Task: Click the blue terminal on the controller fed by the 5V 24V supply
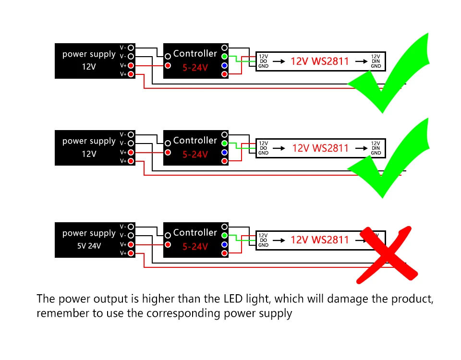[x=224, y=244]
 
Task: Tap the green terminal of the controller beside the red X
[x=224, y=235]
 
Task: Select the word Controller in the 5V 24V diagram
[x=195, y=233]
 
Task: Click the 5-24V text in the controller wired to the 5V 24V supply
[x=195, y=247]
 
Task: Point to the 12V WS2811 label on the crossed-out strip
[x=320, y=240]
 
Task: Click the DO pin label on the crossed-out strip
[x=263, y=240]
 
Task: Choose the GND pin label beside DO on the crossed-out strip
[x=263, y=245]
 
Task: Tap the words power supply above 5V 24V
[x=89, y=233]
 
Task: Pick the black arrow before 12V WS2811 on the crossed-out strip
[x=279, y=240]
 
